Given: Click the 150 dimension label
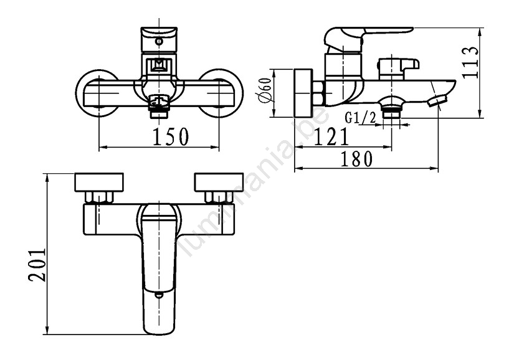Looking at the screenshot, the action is coord(171,136).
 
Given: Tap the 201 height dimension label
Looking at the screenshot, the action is coord(37,265).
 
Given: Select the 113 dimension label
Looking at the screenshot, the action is coord(470,62).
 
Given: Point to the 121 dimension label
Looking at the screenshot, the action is coord(331,136).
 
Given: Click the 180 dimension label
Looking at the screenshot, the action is coord(356,159).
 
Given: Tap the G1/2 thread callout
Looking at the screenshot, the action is coord(360,118).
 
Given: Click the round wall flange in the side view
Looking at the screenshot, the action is coord(303,93).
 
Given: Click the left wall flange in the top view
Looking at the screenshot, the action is coord(99,182).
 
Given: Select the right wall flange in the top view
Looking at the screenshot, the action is coord(219,182).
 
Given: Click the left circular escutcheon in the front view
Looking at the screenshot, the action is coord(97,93).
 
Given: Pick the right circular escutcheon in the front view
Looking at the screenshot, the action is coord(220,93).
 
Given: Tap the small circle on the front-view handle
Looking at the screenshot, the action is coord(159,41).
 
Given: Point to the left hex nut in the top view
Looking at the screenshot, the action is coord(99,197).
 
